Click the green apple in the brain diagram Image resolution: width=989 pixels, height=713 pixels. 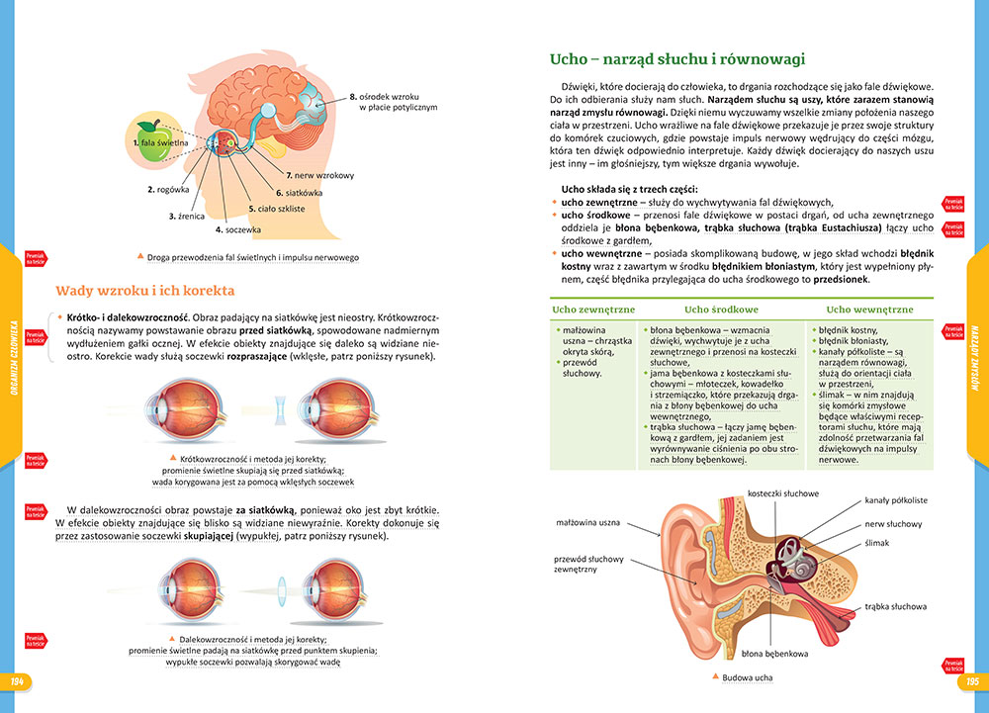coord(151,138)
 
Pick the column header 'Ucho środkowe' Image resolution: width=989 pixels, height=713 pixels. coord(721,310)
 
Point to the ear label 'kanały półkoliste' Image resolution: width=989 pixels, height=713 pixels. coord(895,501)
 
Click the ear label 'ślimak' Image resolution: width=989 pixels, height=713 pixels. coord(877,543)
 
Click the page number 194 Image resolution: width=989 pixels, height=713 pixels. coord(17,681)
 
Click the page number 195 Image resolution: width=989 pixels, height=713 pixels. coord(971,681)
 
